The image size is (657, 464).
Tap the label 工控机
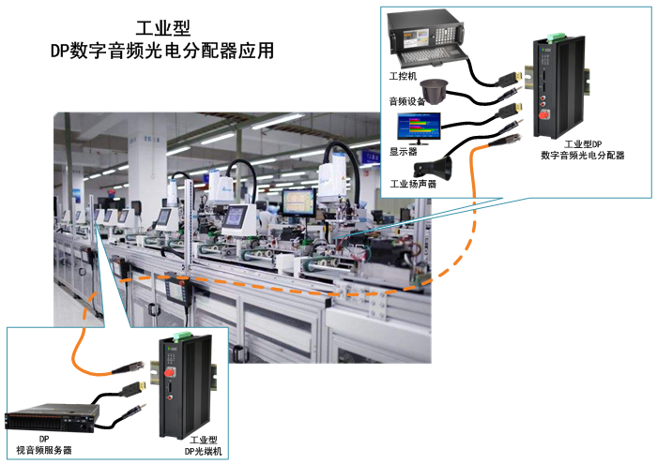pos(403,75)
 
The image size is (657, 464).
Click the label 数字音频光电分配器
pos(582,156)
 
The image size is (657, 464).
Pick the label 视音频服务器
pos(44,450)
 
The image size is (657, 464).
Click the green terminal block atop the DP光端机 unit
pos(173,337)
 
